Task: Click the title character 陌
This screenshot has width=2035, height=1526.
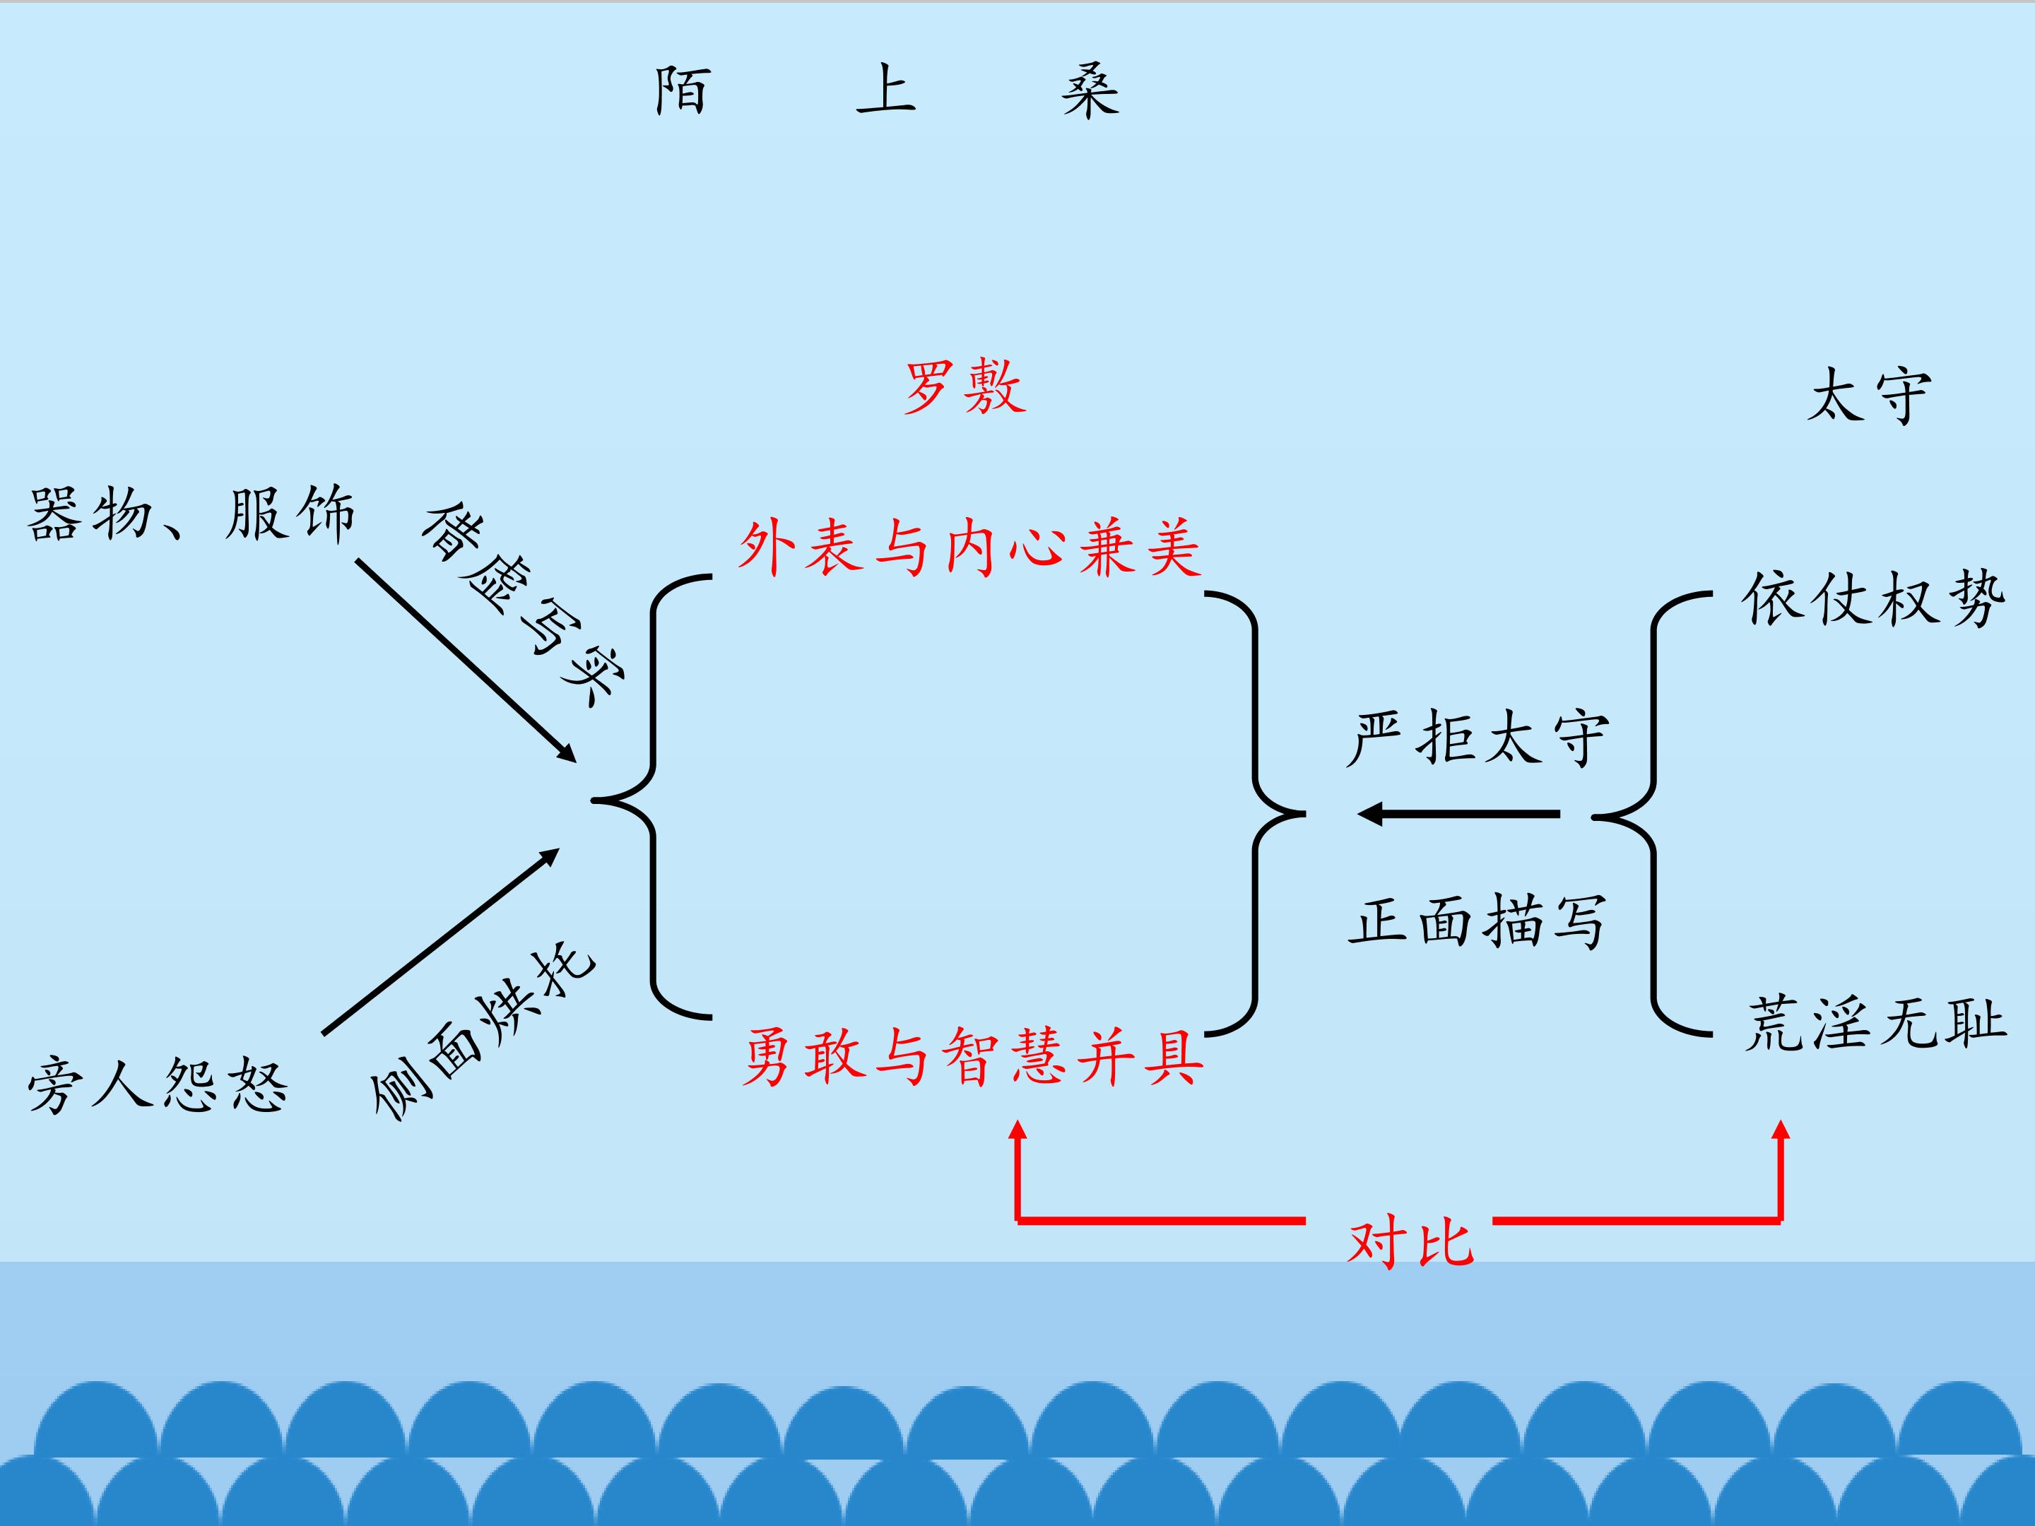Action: coord(683,90)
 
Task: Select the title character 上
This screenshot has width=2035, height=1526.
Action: coord(886,89)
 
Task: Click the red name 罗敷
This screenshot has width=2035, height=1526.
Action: coord(965,387)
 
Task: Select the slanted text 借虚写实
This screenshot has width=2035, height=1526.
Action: coord(524,604)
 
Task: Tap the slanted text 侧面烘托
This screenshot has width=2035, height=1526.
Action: coord(483,1030)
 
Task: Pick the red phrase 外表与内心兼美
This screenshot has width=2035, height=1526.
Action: coord(969,548)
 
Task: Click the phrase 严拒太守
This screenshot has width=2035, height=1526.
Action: coord(1477,737)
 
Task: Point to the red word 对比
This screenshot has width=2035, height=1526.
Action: coord(1410,1242)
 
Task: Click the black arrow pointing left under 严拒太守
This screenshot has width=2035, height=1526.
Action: coord(1458,814)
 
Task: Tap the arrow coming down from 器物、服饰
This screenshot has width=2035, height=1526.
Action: coord(466,661)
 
